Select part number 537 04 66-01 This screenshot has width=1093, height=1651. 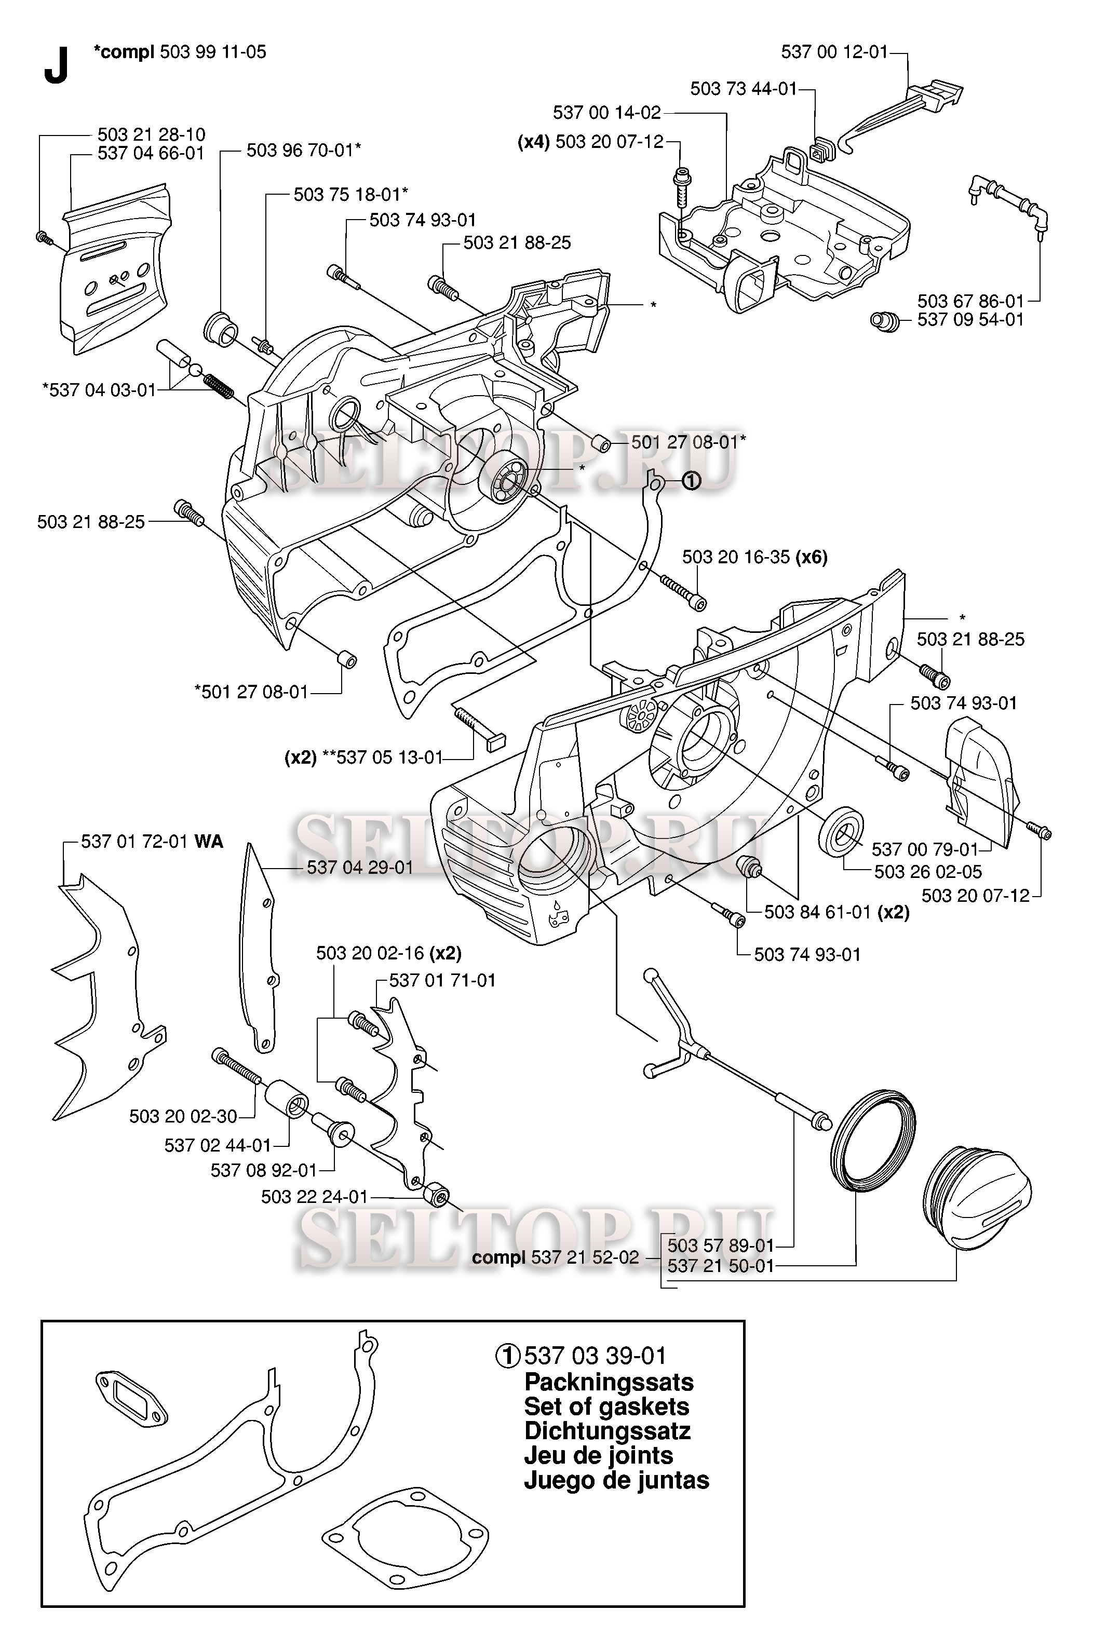click(151, 153)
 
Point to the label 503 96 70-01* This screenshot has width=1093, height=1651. click(304, 150)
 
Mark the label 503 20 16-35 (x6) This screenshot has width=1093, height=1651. click(755, 557)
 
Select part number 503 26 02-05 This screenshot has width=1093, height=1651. click(928, 871)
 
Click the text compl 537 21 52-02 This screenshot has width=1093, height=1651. click(555, 1257)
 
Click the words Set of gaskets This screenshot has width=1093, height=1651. click(606, 1406)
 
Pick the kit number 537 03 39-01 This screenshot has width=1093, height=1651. click(595, 1356)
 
